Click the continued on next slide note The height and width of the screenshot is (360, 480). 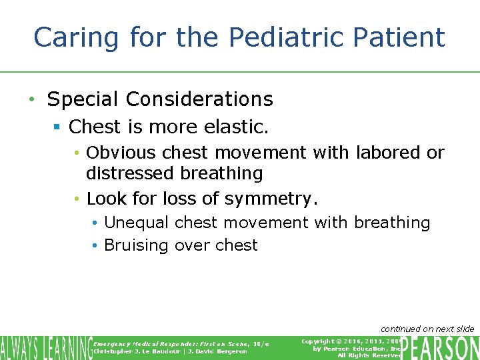point(427,329)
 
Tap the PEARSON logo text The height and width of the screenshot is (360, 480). point(441,347)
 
